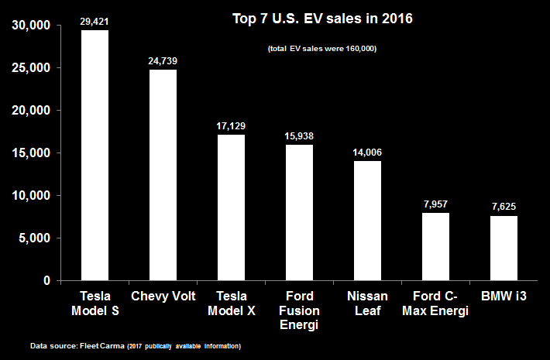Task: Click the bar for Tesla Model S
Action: coord(95,155)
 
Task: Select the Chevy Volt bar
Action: coord(163,175)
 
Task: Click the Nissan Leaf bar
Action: coord(367,221)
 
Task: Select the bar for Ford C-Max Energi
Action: coord(435,246)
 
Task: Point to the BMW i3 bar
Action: coord(504,248)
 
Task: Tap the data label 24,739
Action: coord(163,60)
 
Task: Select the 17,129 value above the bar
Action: coord(231,125)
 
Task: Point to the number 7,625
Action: coord(504,207)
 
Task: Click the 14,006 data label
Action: coord(367,152)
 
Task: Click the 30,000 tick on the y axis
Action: coord(32,26)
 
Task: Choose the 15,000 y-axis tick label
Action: coord(32,153)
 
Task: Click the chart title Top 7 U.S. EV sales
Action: coord(323,18)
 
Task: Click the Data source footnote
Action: coord(136,345)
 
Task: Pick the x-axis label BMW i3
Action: coord(504,296)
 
